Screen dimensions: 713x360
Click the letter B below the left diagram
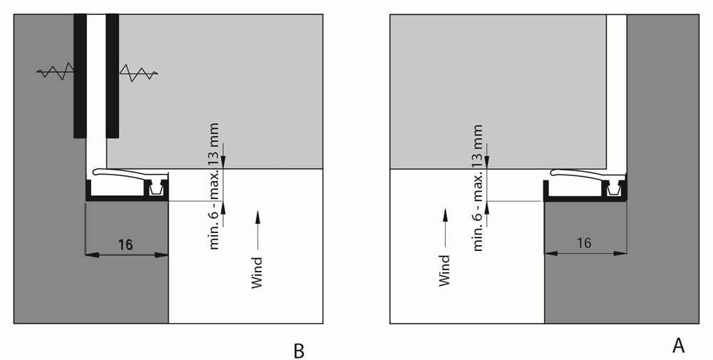[299, 351]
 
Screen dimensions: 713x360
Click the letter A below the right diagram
[678, 346]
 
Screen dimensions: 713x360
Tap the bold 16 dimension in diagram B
[125, 245]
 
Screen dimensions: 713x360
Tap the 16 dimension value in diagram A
[584, 243]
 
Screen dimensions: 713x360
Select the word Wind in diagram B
[257, 273]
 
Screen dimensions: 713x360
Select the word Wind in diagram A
[444, 271]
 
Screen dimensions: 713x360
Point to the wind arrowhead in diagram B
[258, 217]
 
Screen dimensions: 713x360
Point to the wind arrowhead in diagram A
[445, 215]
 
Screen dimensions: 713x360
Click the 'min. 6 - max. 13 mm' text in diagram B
[214, 186]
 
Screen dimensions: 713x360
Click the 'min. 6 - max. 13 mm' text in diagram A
[478, 187]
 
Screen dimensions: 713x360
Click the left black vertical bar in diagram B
[80, 76]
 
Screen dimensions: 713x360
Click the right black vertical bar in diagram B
[113, 76]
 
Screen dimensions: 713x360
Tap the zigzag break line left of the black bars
[55, 71]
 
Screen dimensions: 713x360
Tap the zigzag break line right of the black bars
[139, 73]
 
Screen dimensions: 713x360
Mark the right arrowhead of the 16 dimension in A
[620, 253]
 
